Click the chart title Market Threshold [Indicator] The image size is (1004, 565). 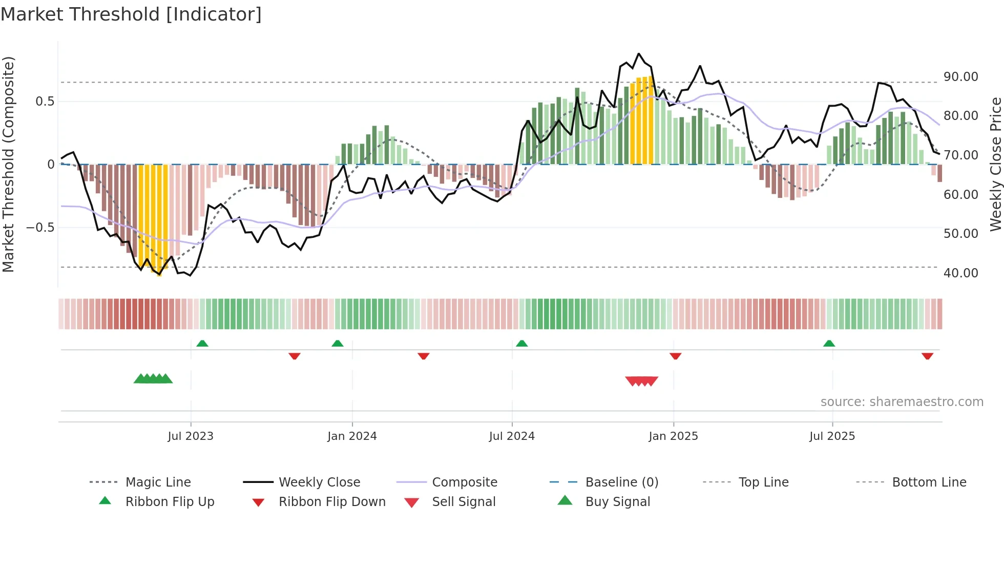point(131,14)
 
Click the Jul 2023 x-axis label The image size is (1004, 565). point(191,436)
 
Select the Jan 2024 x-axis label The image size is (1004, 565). point(352,436)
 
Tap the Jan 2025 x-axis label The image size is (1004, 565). point(673,436)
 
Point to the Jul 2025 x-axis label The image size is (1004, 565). point(832,436)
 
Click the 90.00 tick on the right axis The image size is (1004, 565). point(960,77)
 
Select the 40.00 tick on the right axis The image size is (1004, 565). point(960,273)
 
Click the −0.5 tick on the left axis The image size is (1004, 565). point(40,228)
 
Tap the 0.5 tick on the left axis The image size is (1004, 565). point(45,102)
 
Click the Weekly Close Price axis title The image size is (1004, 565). point(995,164)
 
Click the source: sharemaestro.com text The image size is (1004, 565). point(902,402)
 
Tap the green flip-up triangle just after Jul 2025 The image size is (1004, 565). point(829,344)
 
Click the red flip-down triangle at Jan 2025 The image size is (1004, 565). point(675,356)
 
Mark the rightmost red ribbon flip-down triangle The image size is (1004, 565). point(927,356)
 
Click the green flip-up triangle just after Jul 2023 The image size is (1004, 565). point(202,344)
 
